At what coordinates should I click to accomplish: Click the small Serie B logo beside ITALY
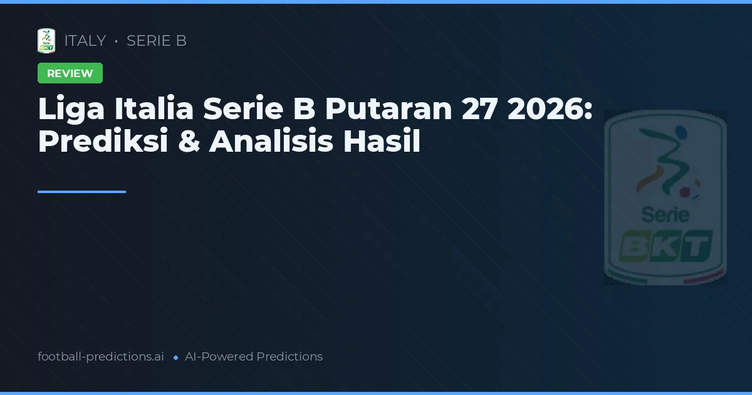[x=46, y=41]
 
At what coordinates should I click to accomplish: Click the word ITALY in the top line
[x=85, y=41]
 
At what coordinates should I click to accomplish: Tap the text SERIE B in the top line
[x=157, y=41]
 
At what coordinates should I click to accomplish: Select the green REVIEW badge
[x=70, y=73]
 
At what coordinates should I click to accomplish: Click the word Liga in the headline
[x=72, y=110]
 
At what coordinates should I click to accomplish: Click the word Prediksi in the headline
[x=103, y=142]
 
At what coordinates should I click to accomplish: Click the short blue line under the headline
[x=81, y=192]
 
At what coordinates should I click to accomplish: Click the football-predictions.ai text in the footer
[x=101, y=357]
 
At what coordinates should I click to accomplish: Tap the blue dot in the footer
[x=175, y=357]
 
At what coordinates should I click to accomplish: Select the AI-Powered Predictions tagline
[x=254, y=357]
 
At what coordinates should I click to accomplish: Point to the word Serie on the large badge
[x=665, y=216]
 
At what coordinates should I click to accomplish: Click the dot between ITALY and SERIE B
[x=117, y=41]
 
